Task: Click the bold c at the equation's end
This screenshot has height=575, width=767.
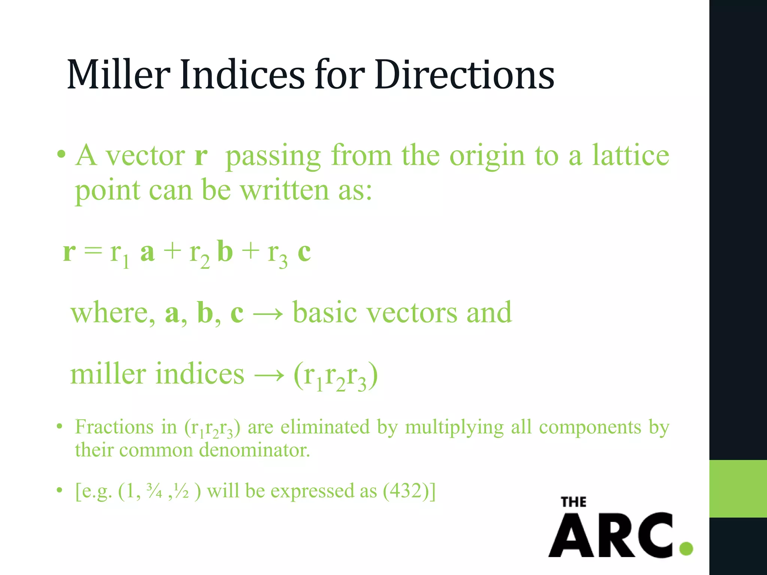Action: coord(304,252)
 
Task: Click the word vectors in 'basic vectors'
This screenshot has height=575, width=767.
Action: coord(412,313)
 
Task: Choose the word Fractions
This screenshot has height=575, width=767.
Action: coord(114,427)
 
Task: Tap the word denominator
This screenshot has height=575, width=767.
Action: coord(255,450)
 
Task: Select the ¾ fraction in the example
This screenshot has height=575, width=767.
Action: coord(154,491)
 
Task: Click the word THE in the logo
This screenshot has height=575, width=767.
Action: coord(573,502)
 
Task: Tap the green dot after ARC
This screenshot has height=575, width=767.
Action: coord(686,548)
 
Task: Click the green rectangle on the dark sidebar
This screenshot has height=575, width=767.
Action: coord(738,489)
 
